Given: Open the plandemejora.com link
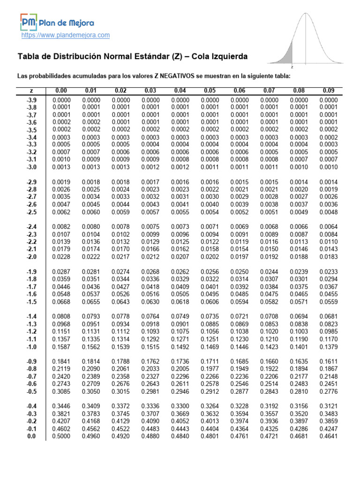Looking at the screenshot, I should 66,35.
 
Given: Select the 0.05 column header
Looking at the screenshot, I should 209,90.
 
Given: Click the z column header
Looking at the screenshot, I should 31,90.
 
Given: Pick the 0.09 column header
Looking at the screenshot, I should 328,90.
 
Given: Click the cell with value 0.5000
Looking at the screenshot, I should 61,436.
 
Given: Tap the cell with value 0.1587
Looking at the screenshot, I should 61,347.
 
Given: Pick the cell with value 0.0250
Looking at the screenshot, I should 239,271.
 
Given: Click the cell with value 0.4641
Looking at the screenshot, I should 328,436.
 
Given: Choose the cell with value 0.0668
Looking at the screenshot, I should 61,301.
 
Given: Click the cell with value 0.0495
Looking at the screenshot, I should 209,294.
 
